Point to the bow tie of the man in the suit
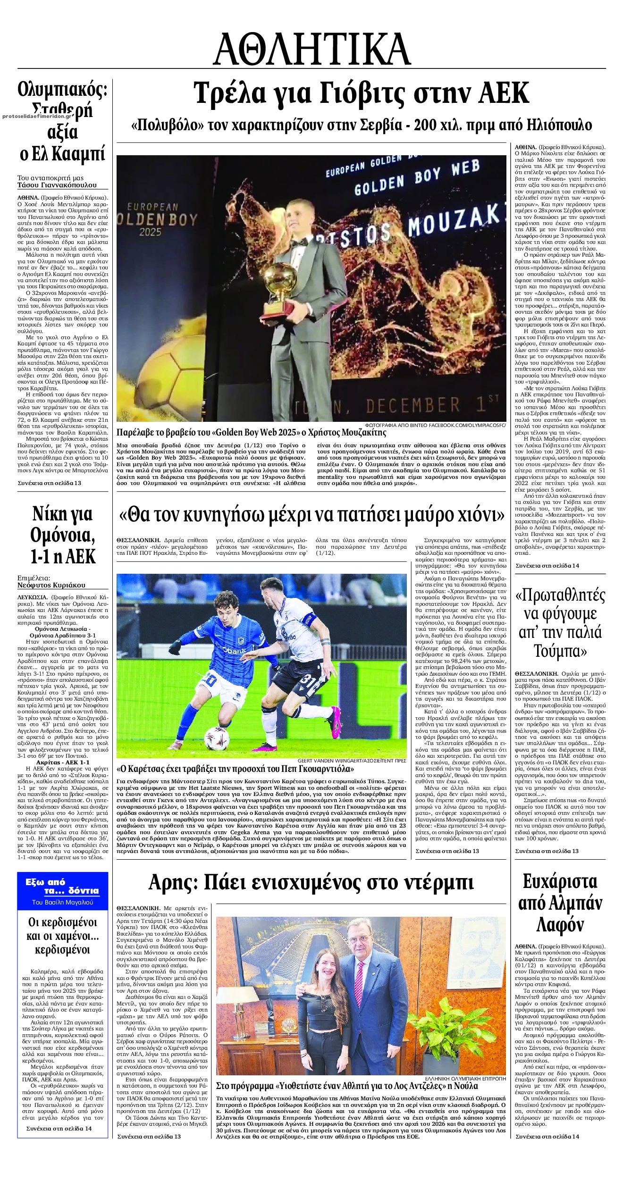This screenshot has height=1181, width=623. pos(298,243)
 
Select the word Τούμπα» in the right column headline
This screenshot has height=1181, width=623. pos(560,651)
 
